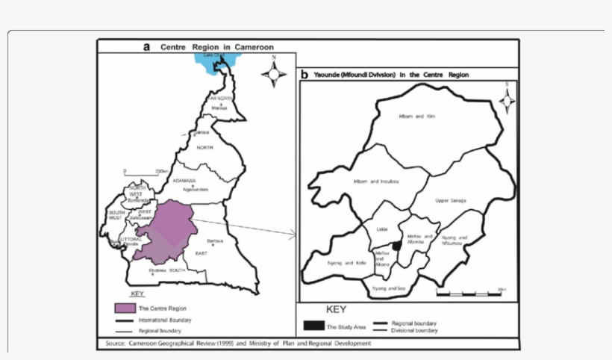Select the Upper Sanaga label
451,201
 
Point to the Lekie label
383,229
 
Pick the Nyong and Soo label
388,287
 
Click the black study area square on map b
397,245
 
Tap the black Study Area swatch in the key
313,326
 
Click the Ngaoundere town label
194,189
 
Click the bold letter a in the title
147,46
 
